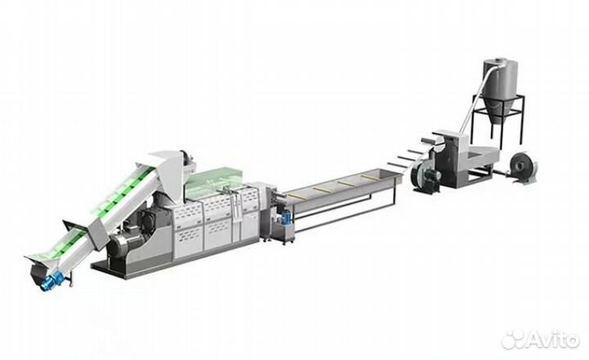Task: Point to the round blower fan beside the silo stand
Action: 523,166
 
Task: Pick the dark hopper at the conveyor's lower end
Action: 37,272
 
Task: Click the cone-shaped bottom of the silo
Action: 500,110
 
